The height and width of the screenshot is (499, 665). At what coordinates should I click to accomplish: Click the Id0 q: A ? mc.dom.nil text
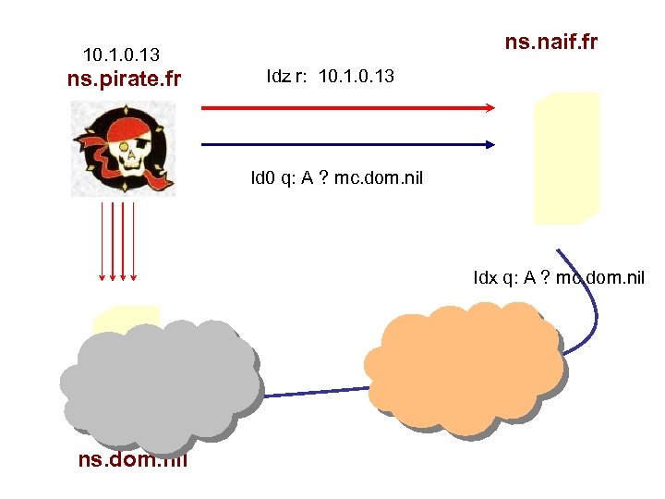pos(336,177)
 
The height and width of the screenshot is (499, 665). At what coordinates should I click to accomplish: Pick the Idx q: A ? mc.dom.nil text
pos(559,277)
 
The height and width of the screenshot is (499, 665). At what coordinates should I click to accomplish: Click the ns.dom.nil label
pos(133,458)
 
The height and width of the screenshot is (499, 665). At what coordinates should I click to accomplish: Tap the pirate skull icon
pos(124,148)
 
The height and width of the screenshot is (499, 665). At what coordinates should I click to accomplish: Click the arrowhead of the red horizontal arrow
pos(490,107)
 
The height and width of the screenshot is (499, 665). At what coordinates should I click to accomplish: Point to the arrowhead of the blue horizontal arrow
pos(490,144)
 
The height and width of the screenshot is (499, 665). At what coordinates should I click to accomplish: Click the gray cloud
pos(159,379)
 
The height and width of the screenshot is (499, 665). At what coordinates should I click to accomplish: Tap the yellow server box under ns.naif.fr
pos(565,158)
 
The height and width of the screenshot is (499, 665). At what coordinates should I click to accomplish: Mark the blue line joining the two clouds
pos(314,392)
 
